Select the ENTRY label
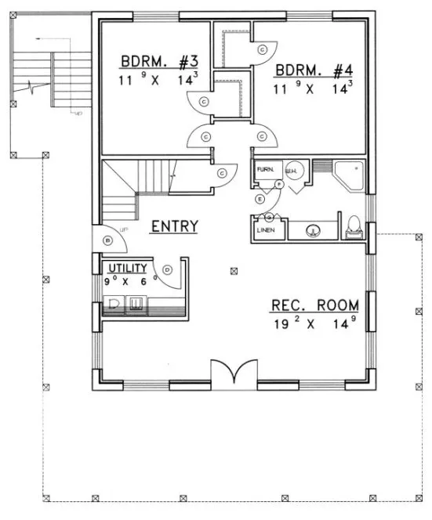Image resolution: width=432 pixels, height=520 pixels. coord(174,226)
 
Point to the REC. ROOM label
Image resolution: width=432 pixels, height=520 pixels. coord(314,305)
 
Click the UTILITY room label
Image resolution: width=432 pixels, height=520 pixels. coord(127,268)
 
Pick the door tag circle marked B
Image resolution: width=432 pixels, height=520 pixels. coord(107,240)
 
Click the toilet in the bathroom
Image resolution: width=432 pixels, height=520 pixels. coord(354,226)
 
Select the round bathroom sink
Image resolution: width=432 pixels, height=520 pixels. coord(312,230)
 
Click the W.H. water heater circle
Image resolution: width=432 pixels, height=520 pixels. coord(290,172)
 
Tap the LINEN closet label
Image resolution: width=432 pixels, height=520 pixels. coord(263,230)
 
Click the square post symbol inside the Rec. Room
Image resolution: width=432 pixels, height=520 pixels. coord(234,272)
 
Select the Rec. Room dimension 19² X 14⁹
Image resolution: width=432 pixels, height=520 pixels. coord(314,323)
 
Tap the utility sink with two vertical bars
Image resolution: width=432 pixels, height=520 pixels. coord(136,303)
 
